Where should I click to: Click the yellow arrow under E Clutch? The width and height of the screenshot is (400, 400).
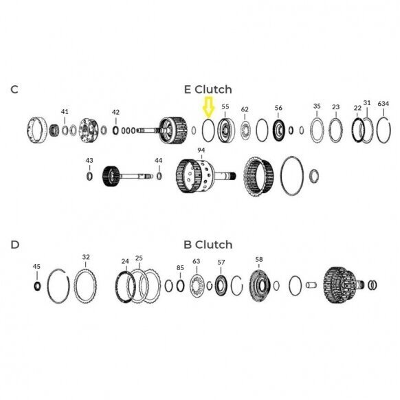pos(209,107)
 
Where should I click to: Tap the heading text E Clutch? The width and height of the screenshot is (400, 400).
pos(208,89)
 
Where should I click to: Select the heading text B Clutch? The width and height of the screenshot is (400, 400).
pos(208,245)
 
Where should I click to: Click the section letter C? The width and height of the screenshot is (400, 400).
pos(14,89)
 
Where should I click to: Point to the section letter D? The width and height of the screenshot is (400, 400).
pos(15,245)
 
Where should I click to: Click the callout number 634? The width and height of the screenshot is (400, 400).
pos(384,104)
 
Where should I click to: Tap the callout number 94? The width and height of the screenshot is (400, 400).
pos(201,150)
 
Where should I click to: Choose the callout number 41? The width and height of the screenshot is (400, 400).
pos(65,111)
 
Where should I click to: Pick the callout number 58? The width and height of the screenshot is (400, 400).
pos(259,259)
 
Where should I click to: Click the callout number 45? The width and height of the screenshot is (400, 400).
pos(36,267)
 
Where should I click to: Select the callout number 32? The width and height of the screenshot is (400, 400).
pos(86,257)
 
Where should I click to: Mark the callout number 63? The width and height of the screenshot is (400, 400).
pos(196,261)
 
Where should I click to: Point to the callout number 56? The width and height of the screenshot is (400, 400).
pos(278,108)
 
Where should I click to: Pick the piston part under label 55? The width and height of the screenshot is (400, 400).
pos(225,131)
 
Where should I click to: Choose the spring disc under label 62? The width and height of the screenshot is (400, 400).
pos(245,131)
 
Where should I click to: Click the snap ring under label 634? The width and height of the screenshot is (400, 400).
pos(377,130)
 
